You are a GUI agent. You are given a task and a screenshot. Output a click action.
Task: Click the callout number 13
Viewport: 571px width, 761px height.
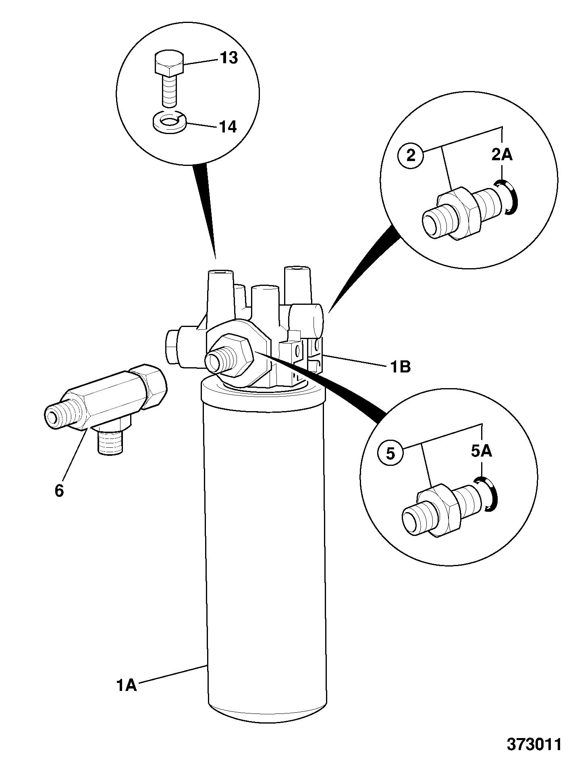pyautogui.click(x=229, y=58)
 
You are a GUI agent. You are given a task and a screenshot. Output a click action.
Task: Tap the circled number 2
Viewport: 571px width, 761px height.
pyautogui.click(x=411, y=155)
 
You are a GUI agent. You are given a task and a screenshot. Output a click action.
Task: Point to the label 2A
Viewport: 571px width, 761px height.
pyautogui.click(x=502, y=155)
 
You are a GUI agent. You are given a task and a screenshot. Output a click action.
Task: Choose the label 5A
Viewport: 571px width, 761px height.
pyautogui.click(x=482, y=451)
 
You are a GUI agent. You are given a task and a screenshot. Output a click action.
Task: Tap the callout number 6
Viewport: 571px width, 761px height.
pyautogui.click(x=59, y=491)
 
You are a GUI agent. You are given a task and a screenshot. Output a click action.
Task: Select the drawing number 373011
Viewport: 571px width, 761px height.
pyautogui.click(x=534, y=744)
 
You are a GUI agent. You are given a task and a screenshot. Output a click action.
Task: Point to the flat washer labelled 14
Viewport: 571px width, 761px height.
pyautogui.click(x=169, y=122)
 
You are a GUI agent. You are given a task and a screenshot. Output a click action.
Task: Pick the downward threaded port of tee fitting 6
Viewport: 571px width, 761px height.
pyautogui.click(x=110, y=442)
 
